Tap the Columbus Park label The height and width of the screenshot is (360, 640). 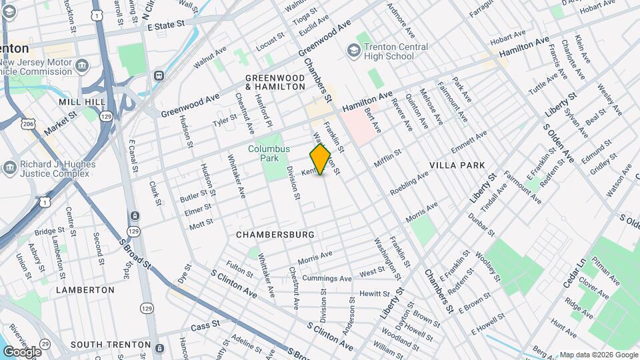269,154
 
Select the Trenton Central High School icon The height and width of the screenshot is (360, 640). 353,51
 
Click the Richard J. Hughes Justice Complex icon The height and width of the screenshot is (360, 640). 9,167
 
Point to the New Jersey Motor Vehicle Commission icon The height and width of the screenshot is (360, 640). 83,67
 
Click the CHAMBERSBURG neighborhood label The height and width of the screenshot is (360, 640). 275,235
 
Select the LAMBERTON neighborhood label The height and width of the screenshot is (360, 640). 85,290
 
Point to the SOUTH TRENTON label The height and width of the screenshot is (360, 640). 111,345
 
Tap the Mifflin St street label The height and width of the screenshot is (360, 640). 387,157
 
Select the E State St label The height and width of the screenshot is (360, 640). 165,25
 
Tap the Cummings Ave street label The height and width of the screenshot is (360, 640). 327,279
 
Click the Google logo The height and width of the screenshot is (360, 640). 22,351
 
